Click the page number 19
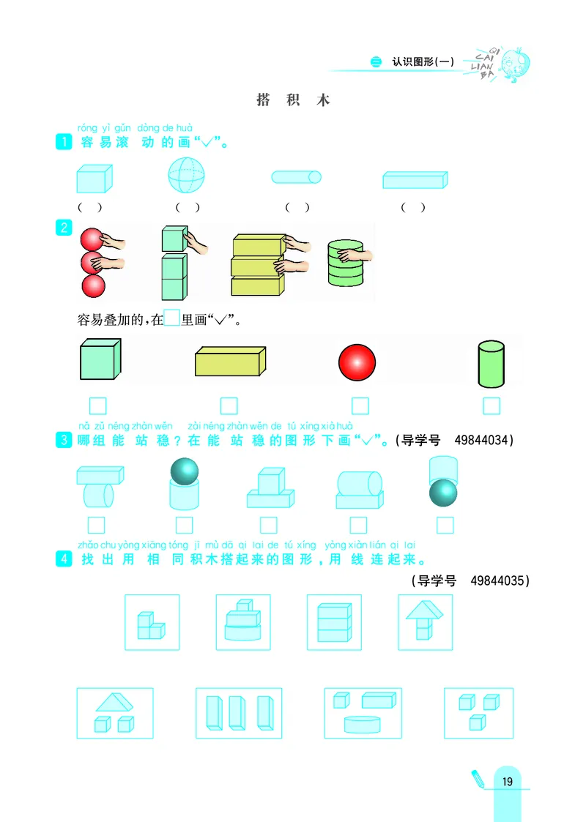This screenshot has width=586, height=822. coord(508,782)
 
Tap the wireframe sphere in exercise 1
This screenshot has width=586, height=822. coord(186,176)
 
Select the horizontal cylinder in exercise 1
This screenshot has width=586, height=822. coord(296,176)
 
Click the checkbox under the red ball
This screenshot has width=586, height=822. coord(360,406)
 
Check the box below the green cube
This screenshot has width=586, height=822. coord(97,406)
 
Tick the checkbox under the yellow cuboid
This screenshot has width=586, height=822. coord(229,406)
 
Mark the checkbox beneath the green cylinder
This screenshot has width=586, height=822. coord(492,406)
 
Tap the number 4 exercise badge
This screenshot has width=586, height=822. coord(64,561)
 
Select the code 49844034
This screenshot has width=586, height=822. coord(483,441)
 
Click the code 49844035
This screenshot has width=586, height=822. coord(498,580)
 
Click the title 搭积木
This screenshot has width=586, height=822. coord(293,100)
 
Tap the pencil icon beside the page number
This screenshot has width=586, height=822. coord(478,778)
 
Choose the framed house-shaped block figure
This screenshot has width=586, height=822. coord(425,621)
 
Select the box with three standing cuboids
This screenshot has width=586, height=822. coord(239,713)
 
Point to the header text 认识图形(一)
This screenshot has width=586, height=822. coord(423,62)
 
